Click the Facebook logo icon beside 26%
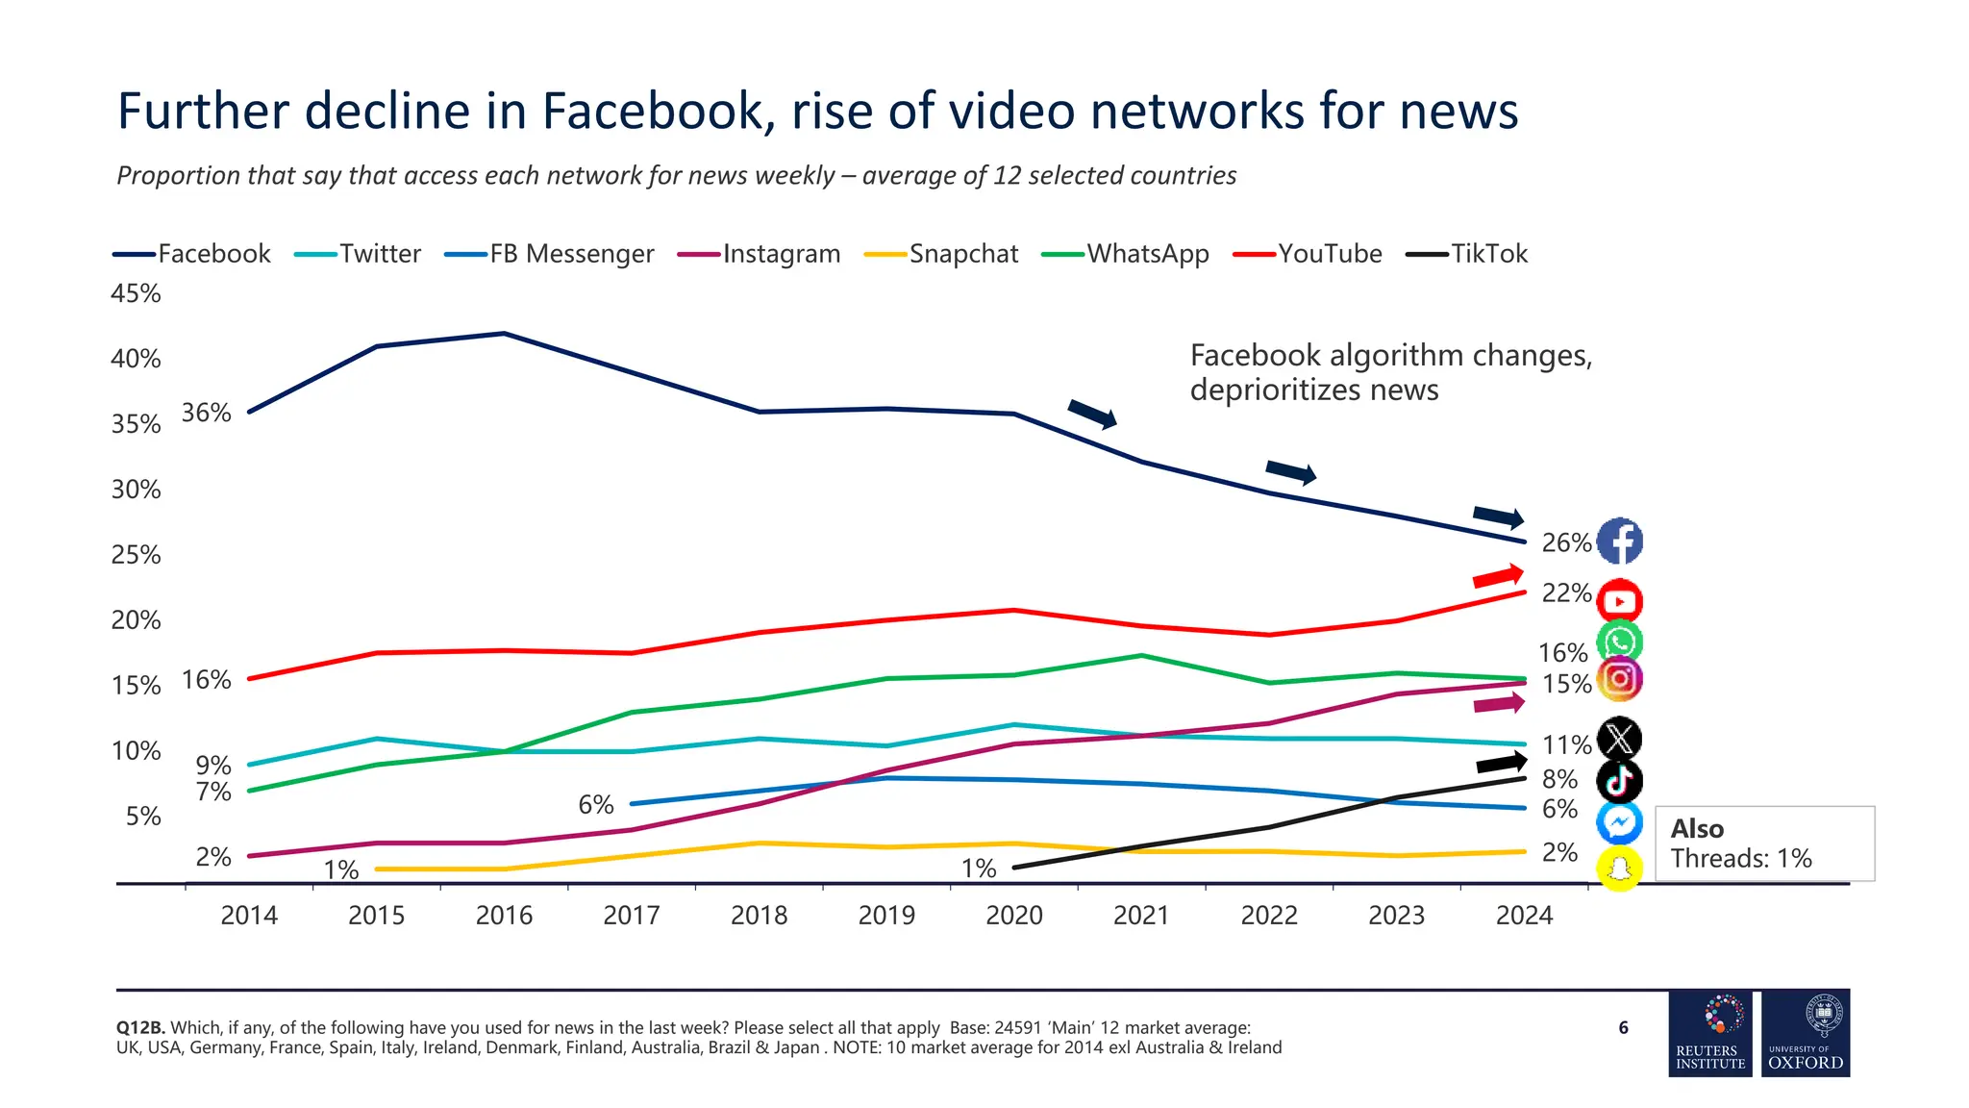click(1619, 541)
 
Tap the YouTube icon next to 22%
click(1619, 601)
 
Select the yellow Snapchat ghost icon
click(1619, 869)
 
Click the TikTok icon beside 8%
click(1619, 781)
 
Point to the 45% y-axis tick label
click(136, 293)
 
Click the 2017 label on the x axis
click(632, 915)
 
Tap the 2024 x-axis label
click(1524, 915)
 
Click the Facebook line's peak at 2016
click(505, 334)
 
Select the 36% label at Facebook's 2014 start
click(207, 413)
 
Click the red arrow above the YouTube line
click(1498, 577)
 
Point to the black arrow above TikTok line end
click(1501, 764)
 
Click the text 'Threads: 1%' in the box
click(1740, 858)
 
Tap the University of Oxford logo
click(1805, 1033)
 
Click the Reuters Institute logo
click(1710, 1033)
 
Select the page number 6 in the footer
click(1623, 1028)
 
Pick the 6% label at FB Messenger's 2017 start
click(596, 804)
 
